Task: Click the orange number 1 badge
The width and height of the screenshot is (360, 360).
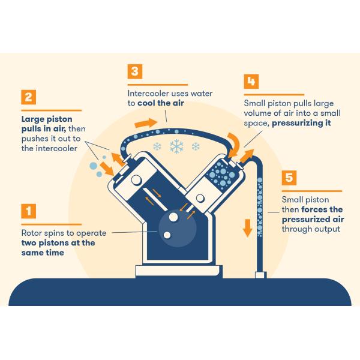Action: tap(28, 211)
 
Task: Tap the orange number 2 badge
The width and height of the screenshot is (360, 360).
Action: tap(28, 97)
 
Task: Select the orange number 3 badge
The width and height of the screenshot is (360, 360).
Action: tap(135, 71)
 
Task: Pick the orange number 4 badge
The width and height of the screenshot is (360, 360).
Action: tap(251, 81)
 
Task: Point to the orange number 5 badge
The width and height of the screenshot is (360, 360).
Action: tap(289, 178)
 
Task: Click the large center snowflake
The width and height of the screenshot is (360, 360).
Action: tap(176, 146)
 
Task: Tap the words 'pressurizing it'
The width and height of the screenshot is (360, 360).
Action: tap(301, 123)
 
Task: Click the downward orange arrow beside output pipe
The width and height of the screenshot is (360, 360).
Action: tap(247, 228)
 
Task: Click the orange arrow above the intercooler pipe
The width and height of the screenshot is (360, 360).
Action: tap(146, 123)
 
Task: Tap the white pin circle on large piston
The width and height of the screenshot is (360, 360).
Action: tap(136, 180)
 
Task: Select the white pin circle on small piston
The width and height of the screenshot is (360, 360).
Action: tap(200, 198)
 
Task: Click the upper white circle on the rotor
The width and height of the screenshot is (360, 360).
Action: tap(173, 217)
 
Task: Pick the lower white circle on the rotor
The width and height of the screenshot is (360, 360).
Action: tap(167, 235)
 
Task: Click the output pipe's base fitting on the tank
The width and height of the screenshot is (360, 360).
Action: tap(261, 275)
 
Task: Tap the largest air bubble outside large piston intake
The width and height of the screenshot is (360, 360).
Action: tap(93, 166)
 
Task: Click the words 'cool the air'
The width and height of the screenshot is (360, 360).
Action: tap(161, 103)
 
